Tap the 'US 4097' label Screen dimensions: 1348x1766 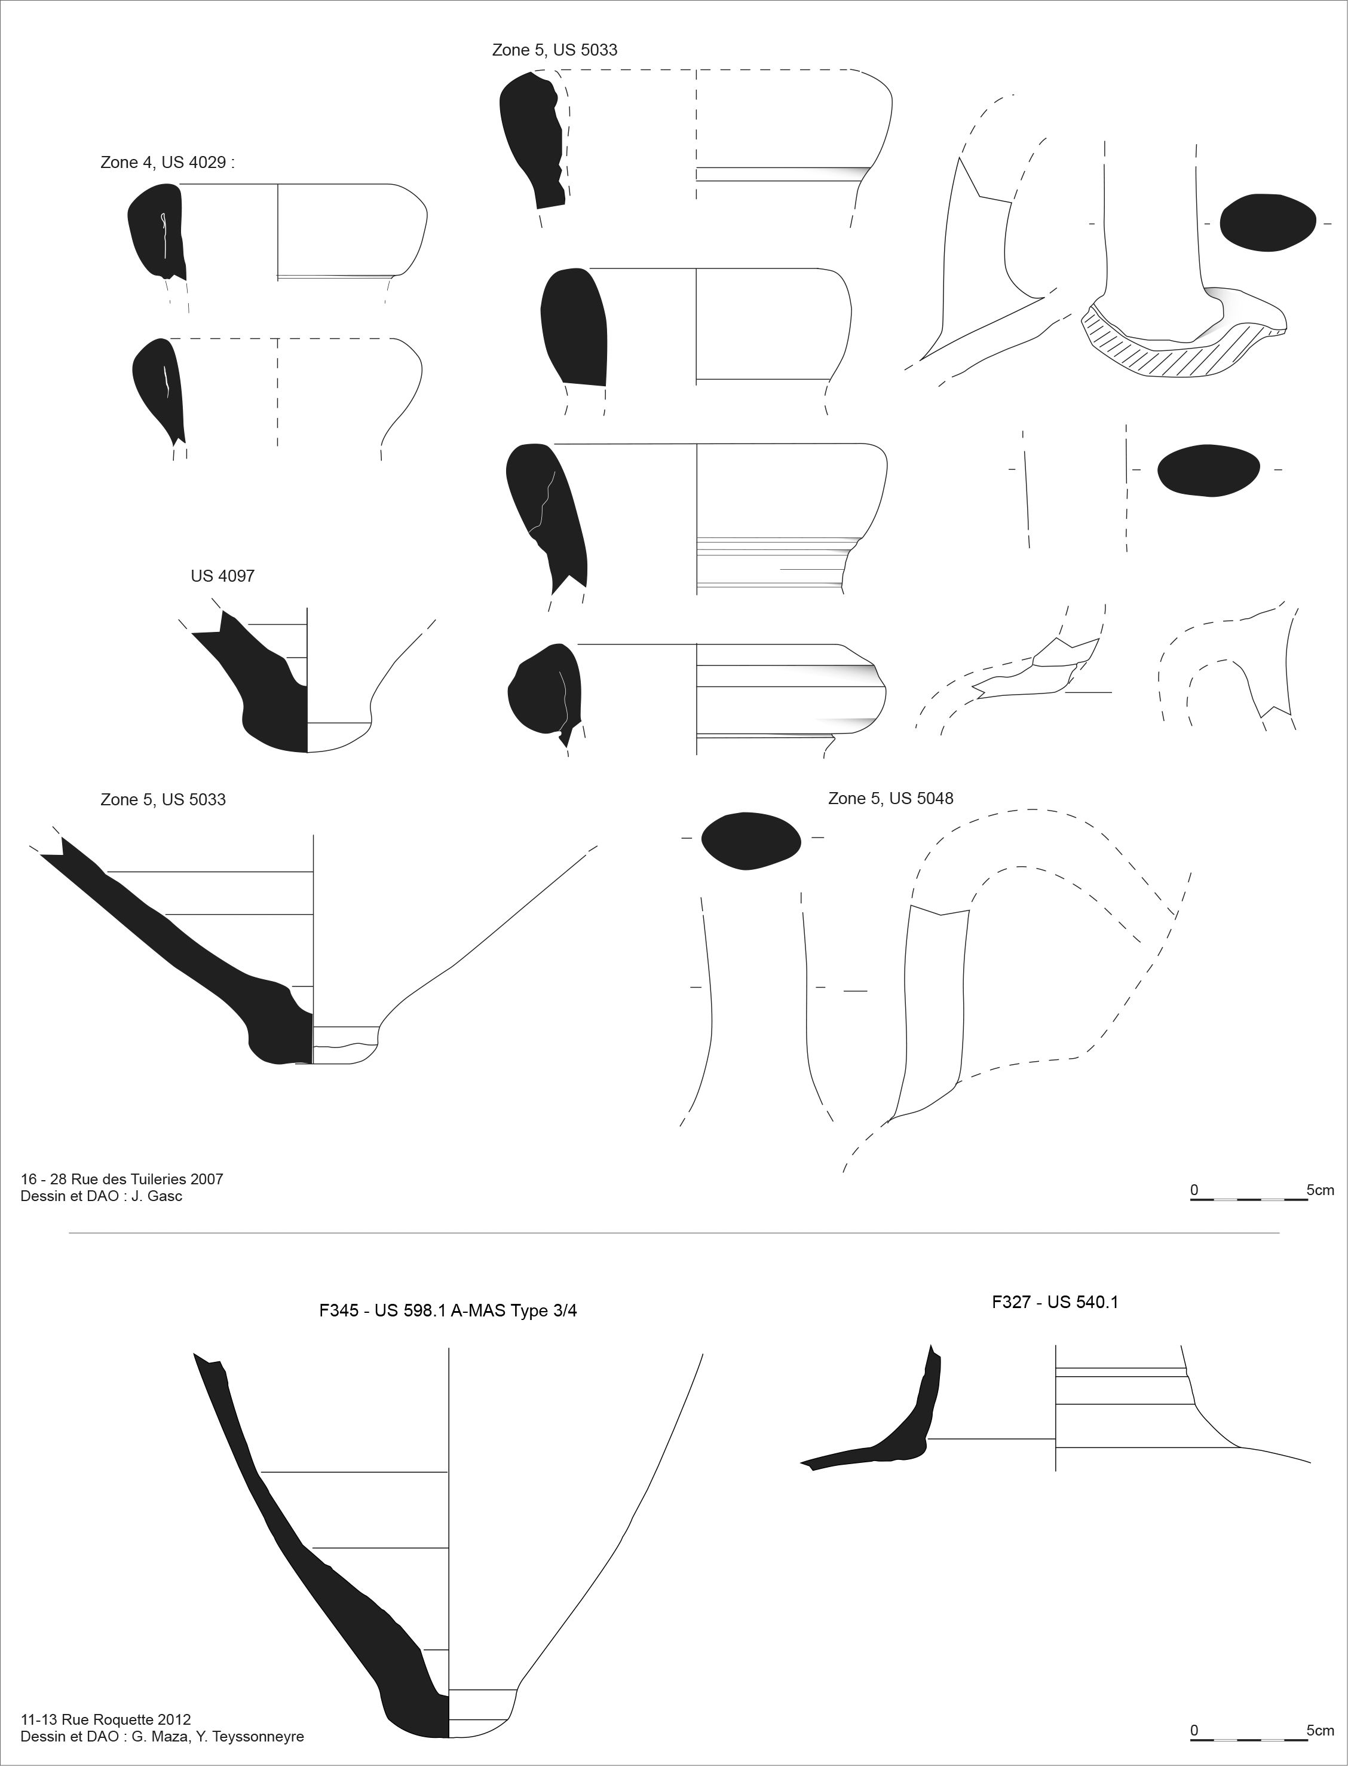tap(222, 576)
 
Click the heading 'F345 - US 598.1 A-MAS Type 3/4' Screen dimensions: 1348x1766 tap(448, 1311)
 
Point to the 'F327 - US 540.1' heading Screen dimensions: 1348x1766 tap(1055, 1302)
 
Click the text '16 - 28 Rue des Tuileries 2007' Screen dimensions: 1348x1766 tap(122, 1179)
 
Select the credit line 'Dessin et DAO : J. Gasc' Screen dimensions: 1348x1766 tap(101, 1196)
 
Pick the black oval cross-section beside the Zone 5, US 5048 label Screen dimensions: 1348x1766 tap(751, 841)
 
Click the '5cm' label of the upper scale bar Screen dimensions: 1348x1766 tap(1320, 1190)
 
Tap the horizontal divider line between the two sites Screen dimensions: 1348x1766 tap(674, 1233)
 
